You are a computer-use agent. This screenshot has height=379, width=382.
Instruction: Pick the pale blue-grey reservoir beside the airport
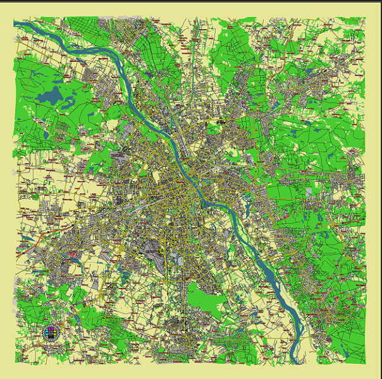coord(180,259)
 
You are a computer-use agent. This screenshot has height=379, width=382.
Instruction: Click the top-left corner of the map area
coord(14,18)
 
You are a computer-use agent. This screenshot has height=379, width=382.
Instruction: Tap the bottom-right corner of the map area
coord(366,364)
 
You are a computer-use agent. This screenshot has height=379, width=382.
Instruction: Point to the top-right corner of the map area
coord(366,18)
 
